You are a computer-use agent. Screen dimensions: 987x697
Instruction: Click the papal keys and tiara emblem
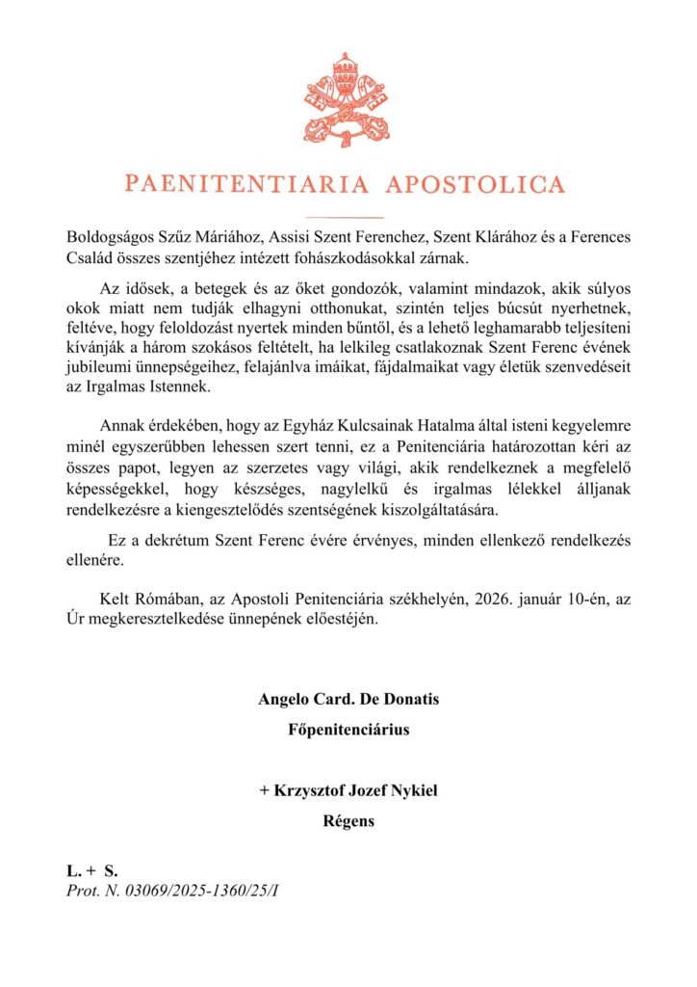click(x=348, y=99)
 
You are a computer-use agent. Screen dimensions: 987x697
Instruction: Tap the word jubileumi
click(x=100, y=367)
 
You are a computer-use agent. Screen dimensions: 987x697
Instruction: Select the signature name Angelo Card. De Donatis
click(x=348, y=699)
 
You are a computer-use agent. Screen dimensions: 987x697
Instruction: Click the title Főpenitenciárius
click(x=348, y=729)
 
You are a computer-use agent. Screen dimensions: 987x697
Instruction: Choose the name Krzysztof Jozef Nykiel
click(x=348, y=792)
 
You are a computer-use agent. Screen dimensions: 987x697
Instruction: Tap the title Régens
click(x=348, y=822)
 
